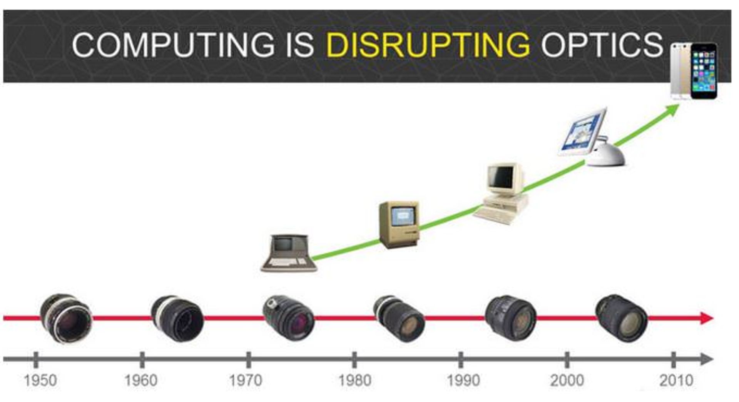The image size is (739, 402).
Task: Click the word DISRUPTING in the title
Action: click(428, 45)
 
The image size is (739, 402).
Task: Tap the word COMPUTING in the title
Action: click(173, 45)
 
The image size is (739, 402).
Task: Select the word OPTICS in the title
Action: click(602, 45)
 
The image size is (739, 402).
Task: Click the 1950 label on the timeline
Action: click(40, 380)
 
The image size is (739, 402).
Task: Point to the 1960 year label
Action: click(141, 380)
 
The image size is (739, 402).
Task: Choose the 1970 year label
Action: click(246, 380)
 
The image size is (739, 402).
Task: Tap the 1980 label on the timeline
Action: click(354, 380)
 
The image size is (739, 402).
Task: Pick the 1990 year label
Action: click(463, 380)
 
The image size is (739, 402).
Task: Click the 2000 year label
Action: click(567, 380)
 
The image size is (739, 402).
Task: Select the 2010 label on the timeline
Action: click(676, 380)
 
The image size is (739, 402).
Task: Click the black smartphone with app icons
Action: click(704, 71)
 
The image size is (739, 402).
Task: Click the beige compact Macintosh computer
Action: click(399, 224)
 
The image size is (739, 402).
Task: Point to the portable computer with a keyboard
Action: click(289, 253)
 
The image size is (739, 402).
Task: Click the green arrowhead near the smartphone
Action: click(673, 110)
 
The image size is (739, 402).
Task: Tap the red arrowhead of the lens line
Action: click(707, 318)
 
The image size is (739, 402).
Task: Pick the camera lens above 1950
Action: click(66, 318)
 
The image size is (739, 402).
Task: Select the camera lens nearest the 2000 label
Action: click(621, 318)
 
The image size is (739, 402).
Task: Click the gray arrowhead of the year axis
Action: click(707, 359)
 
